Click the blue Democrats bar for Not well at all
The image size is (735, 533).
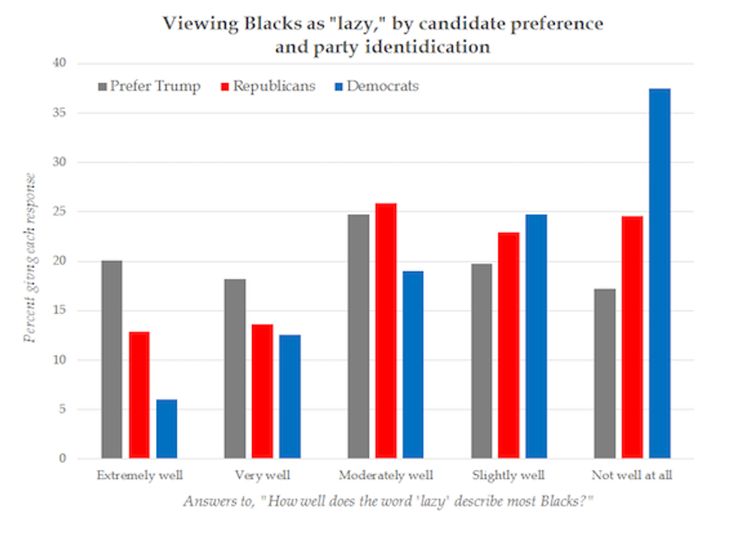pyautogui.click(x=659, y=274)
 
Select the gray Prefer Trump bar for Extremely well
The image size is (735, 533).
pyautogui.click(x=112, y=360)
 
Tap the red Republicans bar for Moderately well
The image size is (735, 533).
pyautogui.click(x=386, y=331)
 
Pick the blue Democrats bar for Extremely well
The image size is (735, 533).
pyautogui.click(x=166, y=429)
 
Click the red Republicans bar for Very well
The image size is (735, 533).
pyautogui.click(x=262, y=391)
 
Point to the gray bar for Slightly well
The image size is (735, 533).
pyautogui.click(x=482, y=361)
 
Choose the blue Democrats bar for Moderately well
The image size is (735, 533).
pyautogui.click(x=413, y=365)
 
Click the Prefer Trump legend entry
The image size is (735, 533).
pyautogui.click(x=149, y=86)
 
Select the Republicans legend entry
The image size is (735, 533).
pyautogui.click(x=266, y=86)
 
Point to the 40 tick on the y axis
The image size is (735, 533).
pyautogui.click(x=61, y=64)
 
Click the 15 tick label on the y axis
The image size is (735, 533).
pyautogui.click(x=61, y=311)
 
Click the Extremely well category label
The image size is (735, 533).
pyautogui.click(x=139, y=475)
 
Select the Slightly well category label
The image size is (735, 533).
pyautogui.click(x=508, y=475)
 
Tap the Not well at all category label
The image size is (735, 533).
pyautogui.click(x=631, y=475)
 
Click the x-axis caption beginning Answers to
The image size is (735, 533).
pyautogui.click(x=379, y=501)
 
